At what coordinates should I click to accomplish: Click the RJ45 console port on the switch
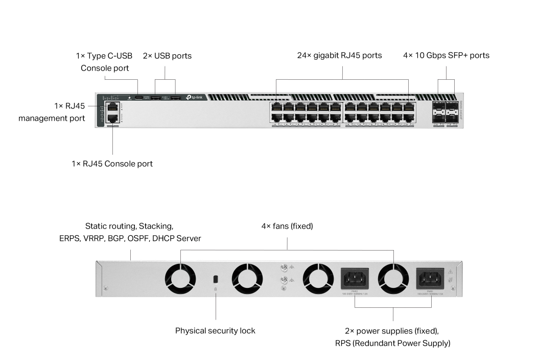[x=112, y=118]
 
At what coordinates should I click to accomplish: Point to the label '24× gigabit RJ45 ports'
[x=340, y=55]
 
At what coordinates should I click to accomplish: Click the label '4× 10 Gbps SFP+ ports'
[x=446, y=55]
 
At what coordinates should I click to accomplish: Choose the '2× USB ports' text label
[x=167, y=55]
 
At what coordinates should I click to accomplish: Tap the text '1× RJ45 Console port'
[x=112, y=164]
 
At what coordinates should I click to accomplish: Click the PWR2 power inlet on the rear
[x=355, y=279]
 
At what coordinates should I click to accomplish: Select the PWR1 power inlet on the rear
[x=431, y=279]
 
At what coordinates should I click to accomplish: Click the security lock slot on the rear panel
[x=216, y=279]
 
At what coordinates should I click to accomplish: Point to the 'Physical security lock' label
[x=215, y=330]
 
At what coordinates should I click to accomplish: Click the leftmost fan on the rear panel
[x=180, y=279]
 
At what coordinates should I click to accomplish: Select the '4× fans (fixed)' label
[x=287, y=226]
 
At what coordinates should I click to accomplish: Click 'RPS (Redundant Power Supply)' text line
[x=392, y=343]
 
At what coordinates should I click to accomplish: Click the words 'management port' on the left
[x=52, y=119]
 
